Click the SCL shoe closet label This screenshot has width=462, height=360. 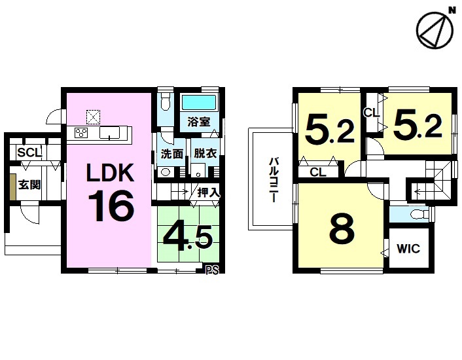(29, 153)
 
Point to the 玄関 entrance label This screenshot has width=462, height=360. (29, 185)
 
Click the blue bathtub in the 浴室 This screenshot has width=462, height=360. (199, 102)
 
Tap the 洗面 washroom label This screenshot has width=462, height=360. (172, 154)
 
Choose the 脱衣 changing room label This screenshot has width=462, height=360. (205, 153)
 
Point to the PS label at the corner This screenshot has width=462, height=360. (212, 270)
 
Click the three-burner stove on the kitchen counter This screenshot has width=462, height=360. (82, 132)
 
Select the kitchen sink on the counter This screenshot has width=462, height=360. (109, 133)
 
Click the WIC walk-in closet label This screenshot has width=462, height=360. (408, 249)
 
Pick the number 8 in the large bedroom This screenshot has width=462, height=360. (342, 227)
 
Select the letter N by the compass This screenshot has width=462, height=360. (452, 10)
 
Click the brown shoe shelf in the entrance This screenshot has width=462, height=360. (12, 187)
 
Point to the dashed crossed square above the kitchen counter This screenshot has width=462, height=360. (93, 117)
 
